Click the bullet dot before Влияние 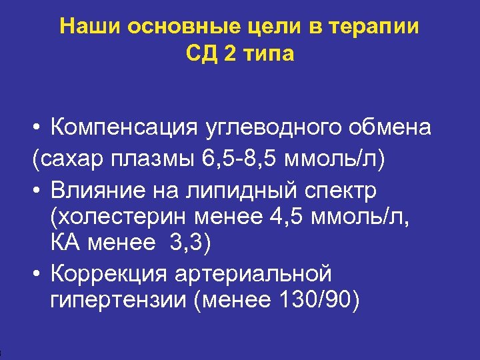tap(35, 191)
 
